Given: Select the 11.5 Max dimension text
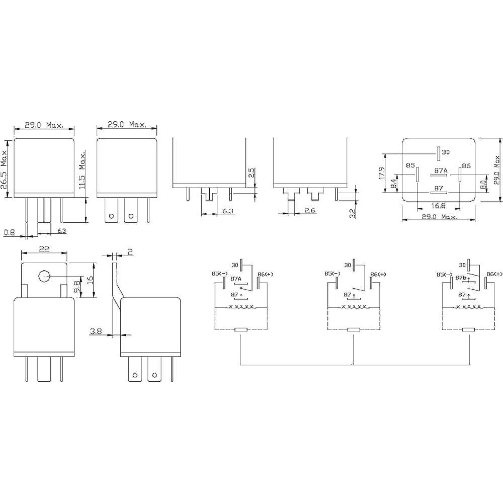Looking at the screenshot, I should [x=82, y=171].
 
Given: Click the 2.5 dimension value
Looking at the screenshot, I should [x=251, y=173].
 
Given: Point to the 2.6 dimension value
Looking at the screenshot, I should [x=310, y=211].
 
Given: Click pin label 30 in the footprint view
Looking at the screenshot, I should [x=446, y=151].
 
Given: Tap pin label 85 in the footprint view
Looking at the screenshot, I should [x=410, y=165].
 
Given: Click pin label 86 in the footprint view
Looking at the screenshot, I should [x=466, y=165].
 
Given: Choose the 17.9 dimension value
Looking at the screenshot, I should [x=382, y=173].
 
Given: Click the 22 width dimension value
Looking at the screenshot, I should [x=44, y=248].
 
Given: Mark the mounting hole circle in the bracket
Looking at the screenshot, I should [x=44, y=276].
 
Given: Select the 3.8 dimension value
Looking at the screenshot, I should [x=96, y=331].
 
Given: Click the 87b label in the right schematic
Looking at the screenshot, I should [x=461, y=278].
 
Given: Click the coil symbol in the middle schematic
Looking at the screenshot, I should [x=353, y=307].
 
